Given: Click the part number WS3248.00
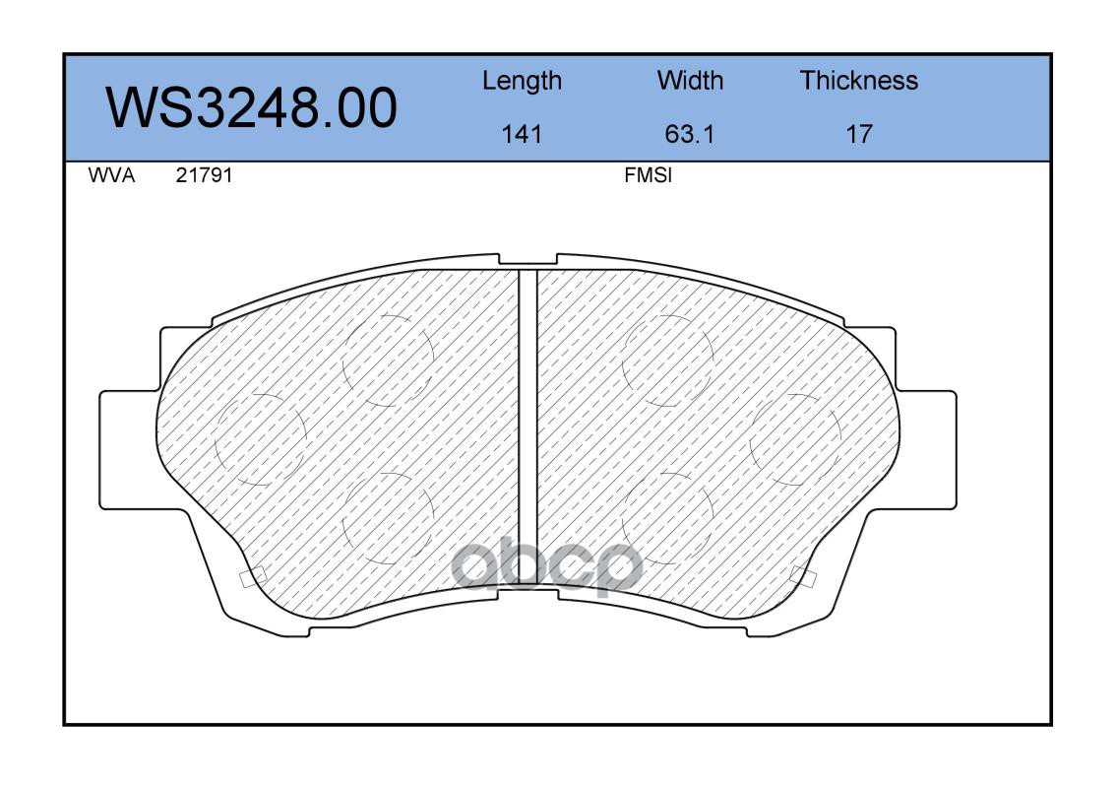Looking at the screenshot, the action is point(252,107).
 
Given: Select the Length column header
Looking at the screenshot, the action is point(523,82).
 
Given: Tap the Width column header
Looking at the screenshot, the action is point(690,81).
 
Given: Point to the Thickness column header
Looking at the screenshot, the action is point(858,81).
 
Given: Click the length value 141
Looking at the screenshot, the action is point(522,134).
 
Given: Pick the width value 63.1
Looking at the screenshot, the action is point(689,134).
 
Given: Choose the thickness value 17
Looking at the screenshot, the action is point(858,134).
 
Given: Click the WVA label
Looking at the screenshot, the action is point(111,175).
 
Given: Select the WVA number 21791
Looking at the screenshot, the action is point(204,175).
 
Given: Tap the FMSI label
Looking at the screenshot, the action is point(648,175).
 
